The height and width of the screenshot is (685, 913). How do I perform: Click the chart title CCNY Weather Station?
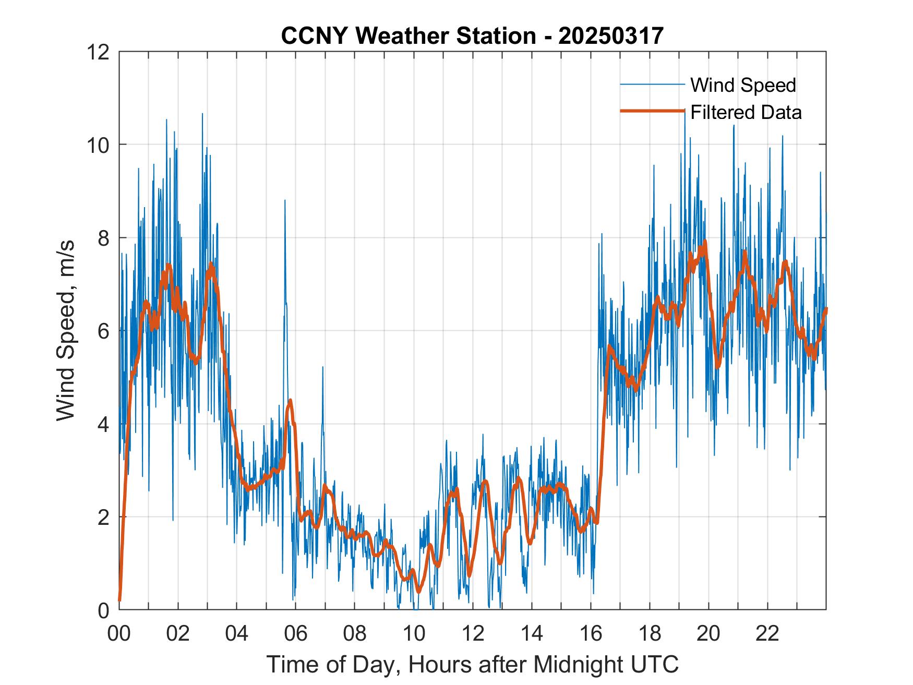click(x=408, y=36)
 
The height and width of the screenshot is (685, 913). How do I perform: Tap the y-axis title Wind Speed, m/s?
click(x=66, y=330)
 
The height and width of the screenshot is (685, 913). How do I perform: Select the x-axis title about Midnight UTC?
click(x=472, y=664)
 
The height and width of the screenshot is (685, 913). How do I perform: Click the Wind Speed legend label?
click(x=743, y=85)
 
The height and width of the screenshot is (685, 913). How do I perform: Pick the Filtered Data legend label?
click(x=746, y=112)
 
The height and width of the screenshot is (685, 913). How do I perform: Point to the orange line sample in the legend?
click(x=652, y=111)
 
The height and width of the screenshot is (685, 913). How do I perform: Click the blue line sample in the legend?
click(x=652, y=85)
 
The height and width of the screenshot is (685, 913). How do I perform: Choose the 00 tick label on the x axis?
click(x=119, y=634)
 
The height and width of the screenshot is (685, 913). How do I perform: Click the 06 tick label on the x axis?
click(x=296, y=634)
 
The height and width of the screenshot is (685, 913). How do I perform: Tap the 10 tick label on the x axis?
click(x=414, y=634)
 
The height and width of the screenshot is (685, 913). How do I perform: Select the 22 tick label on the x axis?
click(x=767, y=634)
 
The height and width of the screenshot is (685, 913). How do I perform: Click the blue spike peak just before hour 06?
click(x=285, y=200)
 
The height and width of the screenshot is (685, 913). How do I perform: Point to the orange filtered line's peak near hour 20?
click(x=705, y=241)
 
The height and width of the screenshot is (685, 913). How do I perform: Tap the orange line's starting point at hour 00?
click(x=120, y=600)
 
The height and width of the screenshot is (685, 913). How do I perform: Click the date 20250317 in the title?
click(x=610, y=36)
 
